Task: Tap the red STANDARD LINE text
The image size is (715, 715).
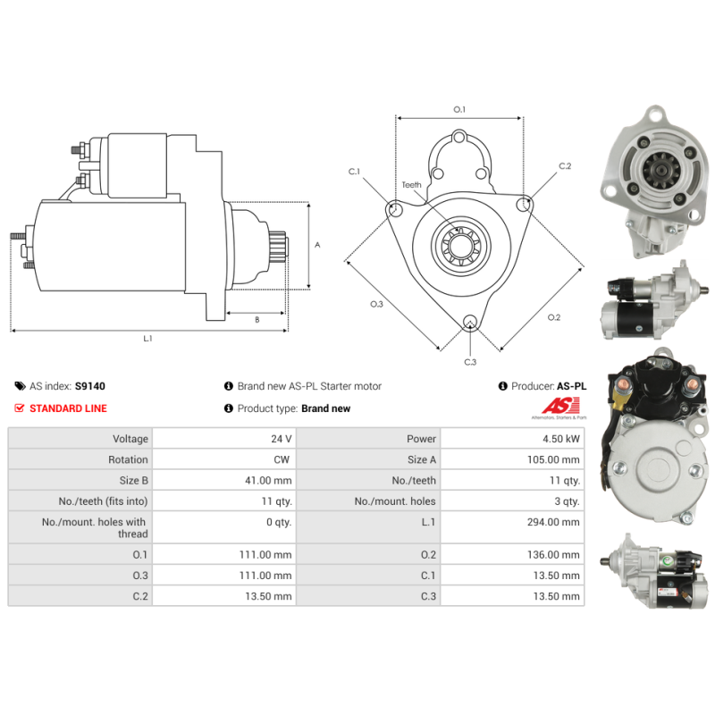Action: point(68,408)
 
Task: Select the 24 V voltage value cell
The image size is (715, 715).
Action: point(282,439)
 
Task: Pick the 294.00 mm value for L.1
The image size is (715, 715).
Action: point(557,522)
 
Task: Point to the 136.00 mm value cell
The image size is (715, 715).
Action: point(557,555)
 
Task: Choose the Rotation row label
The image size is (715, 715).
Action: point(129,459)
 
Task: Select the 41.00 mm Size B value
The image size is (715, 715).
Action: point(269,480)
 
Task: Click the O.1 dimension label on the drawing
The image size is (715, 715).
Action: point(459,109)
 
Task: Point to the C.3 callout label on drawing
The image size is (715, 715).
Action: point(470,362)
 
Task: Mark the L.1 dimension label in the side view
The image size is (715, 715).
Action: point(148,339)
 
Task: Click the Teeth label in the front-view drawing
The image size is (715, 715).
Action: point(411,185)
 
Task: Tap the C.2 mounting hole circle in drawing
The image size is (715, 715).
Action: point(524,205)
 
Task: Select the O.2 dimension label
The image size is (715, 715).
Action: point(553,317)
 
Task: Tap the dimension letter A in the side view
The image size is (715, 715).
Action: point(317,244)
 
